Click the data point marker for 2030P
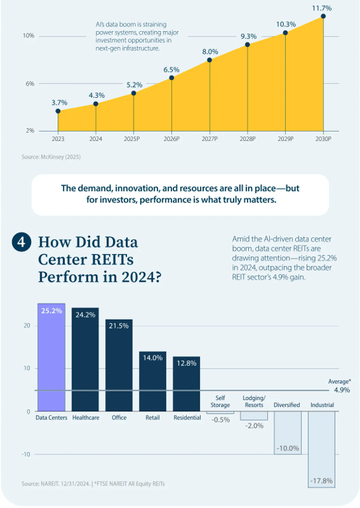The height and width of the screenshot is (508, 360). pos(323,16)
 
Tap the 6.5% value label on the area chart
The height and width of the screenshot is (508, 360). pos(171,69)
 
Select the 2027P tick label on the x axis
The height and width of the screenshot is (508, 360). pos(210,139)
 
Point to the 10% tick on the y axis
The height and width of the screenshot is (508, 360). pos(28,36)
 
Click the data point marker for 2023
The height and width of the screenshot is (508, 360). pos(58,111)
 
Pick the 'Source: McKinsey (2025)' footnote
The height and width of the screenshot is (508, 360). pos(51,157)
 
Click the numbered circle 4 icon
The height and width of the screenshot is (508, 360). pos(21,242)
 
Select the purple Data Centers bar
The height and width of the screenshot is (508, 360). pos(52,357)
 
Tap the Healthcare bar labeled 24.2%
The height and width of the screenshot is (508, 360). pos(85,360)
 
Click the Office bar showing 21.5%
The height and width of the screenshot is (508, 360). pos(119,365)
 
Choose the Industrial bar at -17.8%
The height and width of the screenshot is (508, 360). pos(322,449)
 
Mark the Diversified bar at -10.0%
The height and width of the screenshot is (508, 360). pos(288,433)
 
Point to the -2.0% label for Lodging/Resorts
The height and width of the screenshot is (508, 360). pos(254,426)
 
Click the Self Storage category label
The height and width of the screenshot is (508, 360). pos(220,402)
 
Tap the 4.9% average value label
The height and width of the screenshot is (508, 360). pos(342,390)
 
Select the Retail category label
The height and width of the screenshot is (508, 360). pos(153,417)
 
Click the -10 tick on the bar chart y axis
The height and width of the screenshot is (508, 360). pos(26,454)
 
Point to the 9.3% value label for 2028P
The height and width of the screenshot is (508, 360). pos(249,36)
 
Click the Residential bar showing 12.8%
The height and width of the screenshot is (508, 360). pos(187,384)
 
